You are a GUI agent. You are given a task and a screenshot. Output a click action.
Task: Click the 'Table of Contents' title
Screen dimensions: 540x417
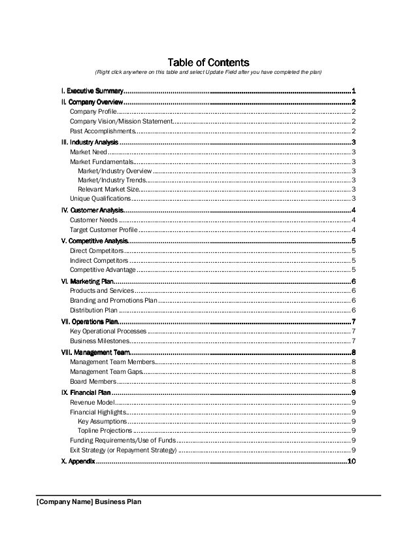[x=208, y=61]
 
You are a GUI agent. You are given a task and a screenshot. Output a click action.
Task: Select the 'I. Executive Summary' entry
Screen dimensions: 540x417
[x=92, y=91]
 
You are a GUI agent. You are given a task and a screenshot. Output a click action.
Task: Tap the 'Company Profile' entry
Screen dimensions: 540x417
[x=93, y=112]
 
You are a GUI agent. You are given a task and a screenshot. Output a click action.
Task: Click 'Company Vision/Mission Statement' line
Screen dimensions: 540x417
[x=121, y=121]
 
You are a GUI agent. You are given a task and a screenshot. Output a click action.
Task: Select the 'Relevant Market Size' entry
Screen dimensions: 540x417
[x=108, y=189]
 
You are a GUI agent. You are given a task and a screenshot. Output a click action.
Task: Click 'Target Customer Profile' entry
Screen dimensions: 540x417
[x=103, y=229]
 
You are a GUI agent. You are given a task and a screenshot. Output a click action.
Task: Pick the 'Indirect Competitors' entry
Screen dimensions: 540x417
[x=99, y=260]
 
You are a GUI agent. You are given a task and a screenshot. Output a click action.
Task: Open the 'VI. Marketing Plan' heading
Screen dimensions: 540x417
[x=86, y=281]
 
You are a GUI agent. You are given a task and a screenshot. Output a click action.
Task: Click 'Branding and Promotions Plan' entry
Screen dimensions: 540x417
[x=113, y=301]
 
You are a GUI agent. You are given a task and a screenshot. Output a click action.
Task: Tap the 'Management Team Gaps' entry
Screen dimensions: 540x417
[x=106, y=371]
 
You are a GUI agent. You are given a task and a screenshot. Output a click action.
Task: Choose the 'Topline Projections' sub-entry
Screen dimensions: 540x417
[x=105, y=431]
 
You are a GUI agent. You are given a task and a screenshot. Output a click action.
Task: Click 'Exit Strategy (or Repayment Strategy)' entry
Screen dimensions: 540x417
[x=123, y=450]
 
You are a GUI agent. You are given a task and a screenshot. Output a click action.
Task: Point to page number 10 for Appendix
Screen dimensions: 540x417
[x=351, y=462]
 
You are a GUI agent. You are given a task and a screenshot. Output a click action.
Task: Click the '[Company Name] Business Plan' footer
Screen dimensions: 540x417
[x=89, y=502]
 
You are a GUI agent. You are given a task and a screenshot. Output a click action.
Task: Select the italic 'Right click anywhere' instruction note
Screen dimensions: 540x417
[x=208, y=72]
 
